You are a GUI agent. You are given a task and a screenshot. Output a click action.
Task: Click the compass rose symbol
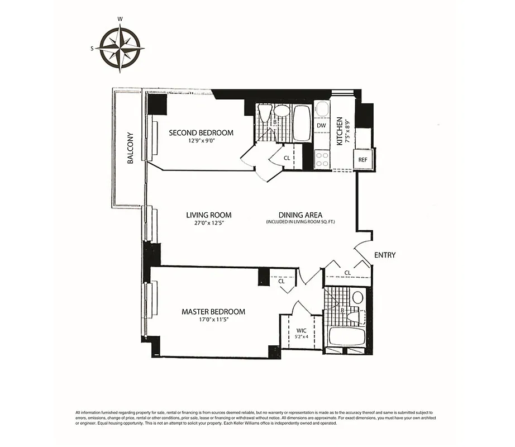pos(121,49)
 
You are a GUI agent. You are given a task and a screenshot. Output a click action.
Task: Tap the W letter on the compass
pos(120,19)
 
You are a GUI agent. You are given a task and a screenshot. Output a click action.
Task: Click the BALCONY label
pos(130,148)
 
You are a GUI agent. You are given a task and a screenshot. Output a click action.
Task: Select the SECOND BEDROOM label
pos(201,132)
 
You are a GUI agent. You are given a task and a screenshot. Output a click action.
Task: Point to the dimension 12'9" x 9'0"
pos(201,141)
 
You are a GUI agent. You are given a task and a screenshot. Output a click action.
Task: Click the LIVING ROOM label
pos(208,215)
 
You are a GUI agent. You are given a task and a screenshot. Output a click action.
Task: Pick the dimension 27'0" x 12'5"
pos(208,223)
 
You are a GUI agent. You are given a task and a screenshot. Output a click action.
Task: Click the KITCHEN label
pos(339,132)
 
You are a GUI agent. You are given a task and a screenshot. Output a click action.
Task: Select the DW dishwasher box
pos(321,126)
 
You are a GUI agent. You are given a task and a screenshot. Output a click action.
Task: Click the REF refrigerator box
pos(363,159)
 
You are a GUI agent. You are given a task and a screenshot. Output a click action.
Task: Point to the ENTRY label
pos(385,255)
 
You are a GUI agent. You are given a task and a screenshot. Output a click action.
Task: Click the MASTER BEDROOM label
pos(213,312)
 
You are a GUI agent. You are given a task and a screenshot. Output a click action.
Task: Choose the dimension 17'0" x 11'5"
pos(213,320)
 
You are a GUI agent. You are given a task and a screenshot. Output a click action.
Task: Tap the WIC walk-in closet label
pos(301,331)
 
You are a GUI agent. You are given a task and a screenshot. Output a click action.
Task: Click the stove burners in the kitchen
pos(322,160)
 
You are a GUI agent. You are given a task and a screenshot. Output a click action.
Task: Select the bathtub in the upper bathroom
pos(302,123)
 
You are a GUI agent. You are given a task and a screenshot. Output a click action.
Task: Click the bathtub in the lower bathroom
pos(346,336)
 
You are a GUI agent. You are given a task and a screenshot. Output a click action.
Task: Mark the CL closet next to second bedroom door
pos(287,158)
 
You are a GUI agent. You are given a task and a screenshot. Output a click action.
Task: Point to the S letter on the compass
pos(92,49)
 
